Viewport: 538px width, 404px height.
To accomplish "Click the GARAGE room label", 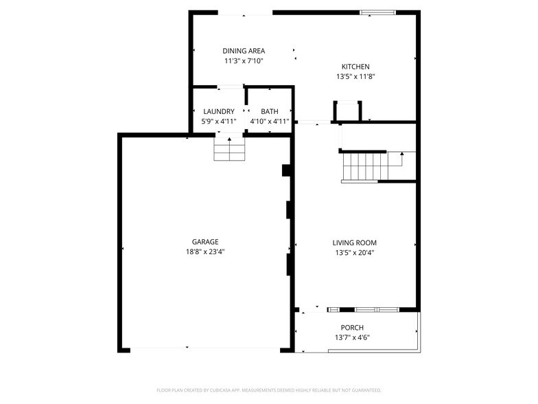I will [x=205, y=242].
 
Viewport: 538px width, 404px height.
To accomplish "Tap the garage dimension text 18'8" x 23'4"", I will [x=205, y=251].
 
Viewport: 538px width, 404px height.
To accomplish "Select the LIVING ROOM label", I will [x=355, y=243].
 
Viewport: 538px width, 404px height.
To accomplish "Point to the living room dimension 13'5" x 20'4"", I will [x=355, y=252].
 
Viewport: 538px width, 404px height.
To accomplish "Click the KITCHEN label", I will [x=355, y=67].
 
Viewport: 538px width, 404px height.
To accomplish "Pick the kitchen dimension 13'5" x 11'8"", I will [x=355, y=77].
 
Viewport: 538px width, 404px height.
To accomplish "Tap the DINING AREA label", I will [x=244, y=51].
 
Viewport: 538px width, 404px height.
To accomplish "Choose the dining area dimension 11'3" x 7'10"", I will [x=244, y=61].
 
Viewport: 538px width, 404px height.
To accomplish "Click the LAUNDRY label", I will [x=219, y=111].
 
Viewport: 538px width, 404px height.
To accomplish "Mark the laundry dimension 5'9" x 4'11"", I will [x=219, y=122].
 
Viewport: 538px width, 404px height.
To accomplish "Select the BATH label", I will [x=269, y=111].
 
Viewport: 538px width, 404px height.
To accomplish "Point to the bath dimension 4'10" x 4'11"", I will [x=269, y=122].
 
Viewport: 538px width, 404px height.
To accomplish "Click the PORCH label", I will [x=352, y=328].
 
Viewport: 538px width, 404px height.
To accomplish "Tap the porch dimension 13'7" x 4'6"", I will [x=352, y=337].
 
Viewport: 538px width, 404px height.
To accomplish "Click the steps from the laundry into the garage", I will [x=229, y=150].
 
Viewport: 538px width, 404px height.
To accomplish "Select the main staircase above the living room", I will [x=364, y=167].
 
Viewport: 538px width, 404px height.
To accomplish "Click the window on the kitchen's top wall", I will [x=378, y=12].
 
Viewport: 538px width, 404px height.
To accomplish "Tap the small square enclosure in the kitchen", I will [x=347, y=111].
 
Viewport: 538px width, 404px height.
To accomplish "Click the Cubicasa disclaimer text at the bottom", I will [x=269, y=390].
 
